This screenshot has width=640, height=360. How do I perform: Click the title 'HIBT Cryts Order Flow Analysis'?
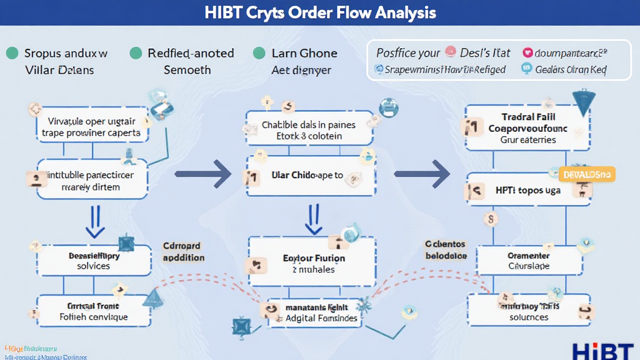click(x=320, y=13)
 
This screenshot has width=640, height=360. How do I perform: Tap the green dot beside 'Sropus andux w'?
click(x=12, y=54)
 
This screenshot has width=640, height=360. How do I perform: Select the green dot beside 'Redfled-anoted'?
click(x=136, y=54)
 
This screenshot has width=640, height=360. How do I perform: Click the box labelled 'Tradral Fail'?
click(x=528, y=128)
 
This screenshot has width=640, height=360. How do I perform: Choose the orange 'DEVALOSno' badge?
click(x=586, y=174)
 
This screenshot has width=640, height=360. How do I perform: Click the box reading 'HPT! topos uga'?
click(x=528, y=190)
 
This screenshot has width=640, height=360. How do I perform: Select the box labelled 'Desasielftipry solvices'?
click(x=94, y=261)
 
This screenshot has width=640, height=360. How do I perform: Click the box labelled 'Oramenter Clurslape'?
click(x=528, y=261)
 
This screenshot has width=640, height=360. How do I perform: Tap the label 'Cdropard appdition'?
click(x=183, y=252)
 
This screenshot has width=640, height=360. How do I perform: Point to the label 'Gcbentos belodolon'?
click(x=445, y=249)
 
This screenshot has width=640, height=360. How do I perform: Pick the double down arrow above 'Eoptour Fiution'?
click(x=311, y=219)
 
